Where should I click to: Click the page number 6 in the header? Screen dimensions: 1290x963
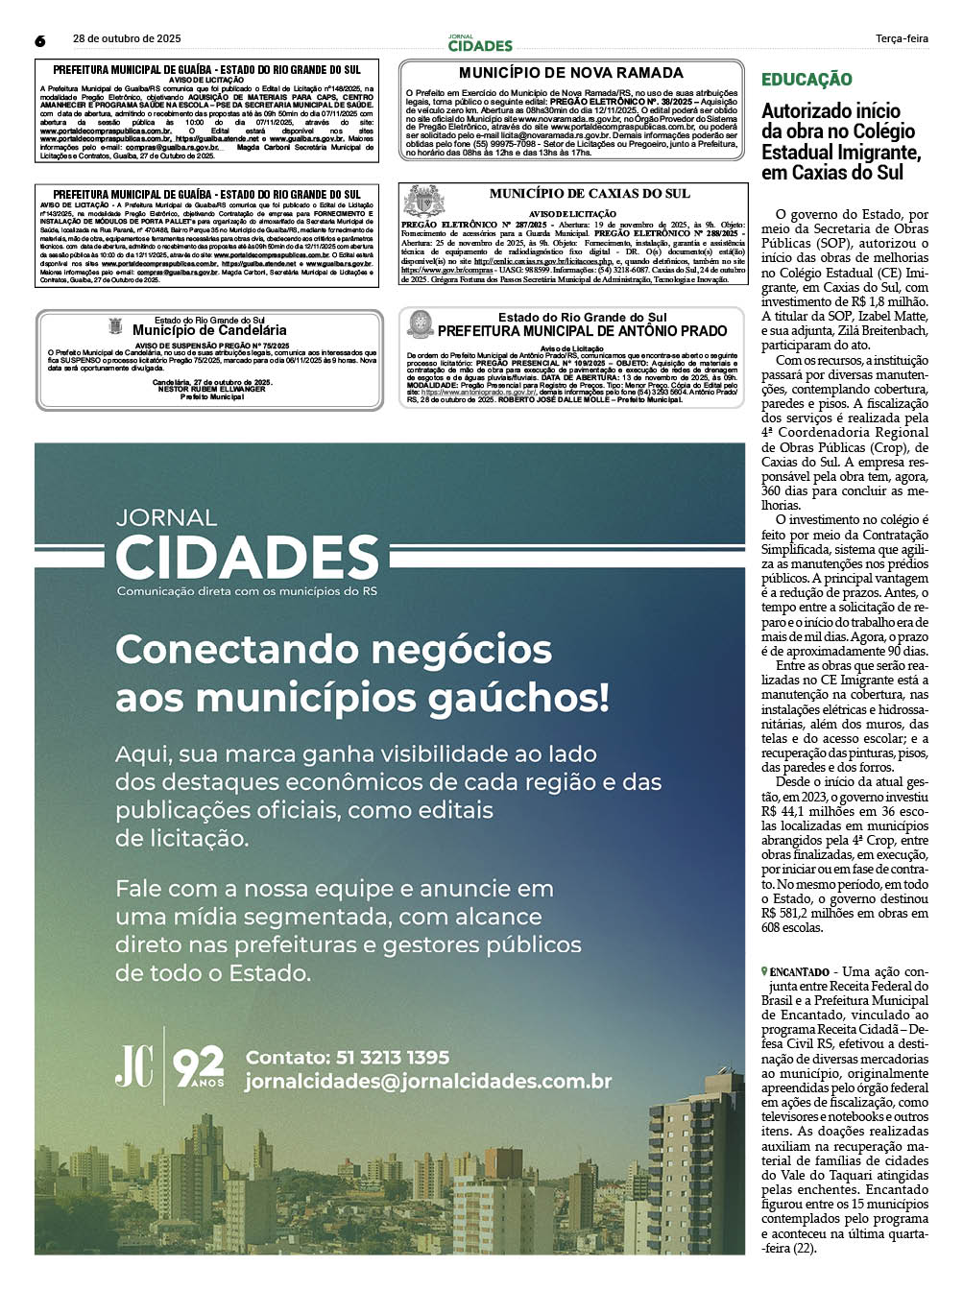40,40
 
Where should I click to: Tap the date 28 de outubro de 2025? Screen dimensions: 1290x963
127,39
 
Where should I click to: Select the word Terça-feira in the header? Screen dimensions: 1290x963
902,39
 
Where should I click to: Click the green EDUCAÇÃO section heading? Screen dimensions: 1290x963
807,80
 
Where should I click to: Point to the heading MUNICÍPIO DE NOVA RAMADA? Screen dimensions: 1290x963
570,73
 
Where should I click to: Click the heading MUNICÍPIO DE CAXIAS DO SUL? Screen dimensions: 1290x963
590,194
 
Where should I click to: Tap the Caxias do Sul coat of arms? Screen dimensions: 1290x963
423,201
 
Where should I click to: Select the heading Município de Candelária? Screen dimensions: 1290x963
209,330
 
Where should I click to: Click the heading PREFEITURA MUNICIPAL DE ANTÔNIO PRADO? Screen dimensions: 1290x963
583,331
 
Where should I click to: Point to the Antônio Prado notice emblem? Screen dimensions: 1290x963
420,324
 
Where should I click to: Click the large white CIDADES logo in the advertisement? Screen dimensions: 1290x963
247,559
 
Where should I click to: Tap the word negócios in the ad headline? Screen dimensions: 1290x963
461,650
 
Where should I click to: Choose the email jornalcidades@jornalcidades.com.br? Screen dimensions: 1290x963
428,1081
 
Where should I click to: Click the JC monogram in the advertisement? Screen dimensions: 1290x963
134,1066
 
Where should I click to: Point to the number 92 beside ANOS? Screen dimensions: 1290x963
198,1064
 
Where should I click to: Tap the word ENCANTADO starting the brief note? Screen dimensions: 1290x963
799,972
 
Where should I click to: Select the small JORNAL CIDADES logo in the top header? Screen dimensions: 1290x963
480,43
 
